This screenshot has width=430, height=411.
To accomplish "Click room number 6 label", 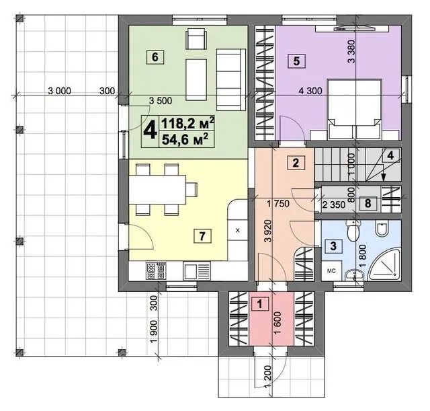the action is (x=155, y=57).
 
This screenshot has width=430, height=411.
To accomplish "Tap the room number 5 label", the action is (x=296, y=61).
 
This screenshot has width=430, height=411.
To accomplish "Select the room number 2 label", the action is (x=296, y=163).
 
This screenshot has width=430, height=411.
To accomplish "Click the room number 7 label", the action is (x=202, y=236).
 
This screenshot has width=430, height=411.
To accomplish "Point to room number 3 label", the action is (x=333, y=246).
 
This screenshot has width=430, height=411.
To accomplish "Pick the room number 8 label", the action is (x=368, y=203).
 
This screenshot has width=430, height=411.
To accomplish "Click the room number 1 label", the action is (x=260, y=304).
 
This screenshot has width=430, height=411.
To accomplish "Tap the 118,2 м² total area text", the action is (x=187, y=123).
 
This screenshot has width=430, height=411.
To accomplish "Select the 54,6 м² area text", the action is (x=184, y=139).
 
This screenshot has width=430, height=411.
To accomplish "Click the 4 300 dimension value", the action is (x=310, y=91).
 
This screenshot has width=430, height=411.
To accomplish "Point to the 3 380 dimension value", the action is (x=351, y=52).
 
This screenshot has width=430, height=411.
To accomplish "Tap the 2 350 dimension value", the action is (x=334, y=204).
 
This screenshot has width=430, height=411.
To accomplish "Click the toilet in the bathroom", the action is (x=353, y=230).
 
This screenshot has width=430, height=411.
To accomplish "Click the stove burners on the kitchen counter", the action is (x=156, y=270).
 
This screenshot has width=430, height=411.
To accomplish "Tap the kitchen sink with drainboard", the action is (x=197, y=270).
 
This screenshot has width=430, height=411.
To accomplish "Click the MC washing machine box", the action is (x=331, y=270).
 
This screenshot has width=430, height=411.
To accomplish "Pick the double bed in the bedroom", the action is (x=355, y=109).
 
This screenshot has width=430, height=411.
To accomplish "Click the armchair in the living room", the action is (x=196, y=40).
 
